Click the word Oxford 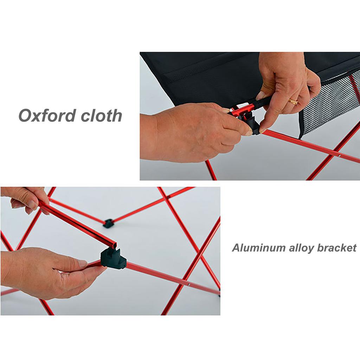click(x=47, y=115)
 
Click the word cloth click(x=102, y=115)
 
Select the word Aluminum click(x=257, y=248)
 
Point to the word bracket click(x=336, y=248)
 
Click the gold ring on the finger click(x=294, y=102)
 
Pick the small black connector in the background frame click(x=108, y=223)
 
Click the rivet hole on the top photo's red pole click(x=339, y=155)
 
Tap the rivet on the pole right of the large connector click(x=189, y=284)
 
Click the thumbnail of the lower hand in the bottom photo click(x=82, y=263)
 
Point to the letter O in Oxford click(x=25, y=115)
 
